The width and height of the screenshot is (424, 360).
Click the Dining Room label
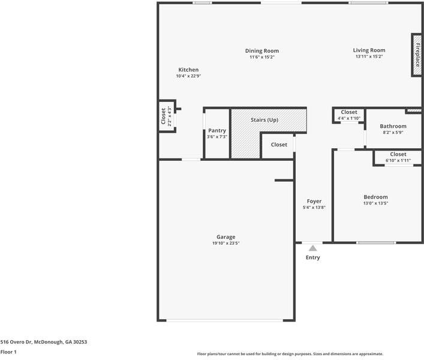[x=262, y=51]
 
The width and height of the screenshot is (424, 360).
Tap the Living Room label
[x=369, y=50]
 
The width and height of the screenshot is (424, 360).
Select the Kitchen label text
[x=188, y=70]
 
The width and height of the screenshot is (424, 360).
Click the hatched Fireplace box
[x=416, y=55]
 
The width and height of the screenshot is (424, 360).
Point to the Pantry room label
[x=217, y=130]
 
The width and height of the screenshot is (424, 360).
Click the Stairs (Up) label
[x=264, y=120]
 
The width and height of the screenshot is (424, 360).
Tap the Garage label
[x=226, y=236]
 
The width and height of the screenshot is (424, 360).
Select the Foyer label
[x=314, y=201]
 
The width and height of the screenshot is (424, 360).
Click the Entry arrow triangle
[x=312, y=247]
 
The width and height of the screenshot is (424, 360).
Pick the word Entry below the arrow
[x=313, y=257]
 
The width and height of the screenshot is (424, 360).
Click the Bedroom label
[x=375, y=197]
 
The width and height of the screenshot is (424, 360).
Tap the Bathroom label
[x=393, y=126]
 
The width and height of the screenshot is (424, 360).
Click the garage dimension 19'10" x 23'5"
[x=226, y=243]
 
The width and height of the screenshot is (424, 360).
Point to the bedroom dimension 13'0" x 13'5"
[x=375, y=203]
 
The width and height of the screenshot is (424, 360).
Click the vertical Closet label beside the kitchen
[x=163, y=116]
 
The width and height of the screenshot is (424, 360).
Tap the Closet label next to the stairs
[x=279, y=145]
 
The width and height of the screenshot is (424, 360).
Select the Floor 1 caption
[x=8, y=352]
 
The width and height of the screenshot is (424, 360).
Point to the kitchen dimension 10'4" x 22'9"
[x=188, y=76]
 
